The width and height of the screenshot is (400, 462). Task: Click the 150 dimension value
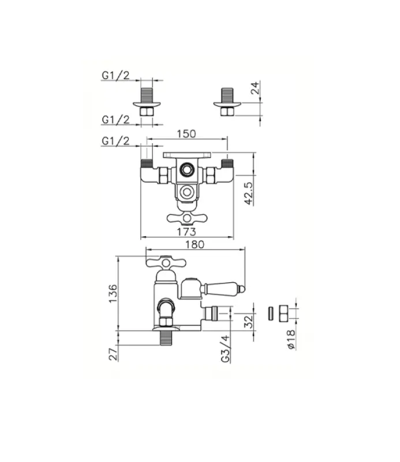click(186, 134)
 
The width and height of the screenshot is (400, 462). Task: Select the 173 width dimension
click(186, 232)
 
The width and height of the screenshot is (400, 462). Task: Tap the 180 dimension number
click(195, 244)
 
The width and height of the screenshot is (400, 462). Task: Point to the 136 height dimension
click(113, 293)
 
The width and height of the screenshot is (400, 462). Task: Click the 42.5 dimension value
click(249, 193)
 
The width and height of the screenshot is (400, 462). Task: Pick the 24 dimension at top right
click(255, 88)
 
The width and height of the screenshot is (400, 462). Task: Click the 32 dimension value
click(249, 322)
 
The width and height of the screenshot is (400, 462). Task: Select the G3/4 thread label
click(225, 349)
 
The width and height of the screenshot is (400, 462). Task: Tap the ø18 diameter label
click(291, 340)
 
